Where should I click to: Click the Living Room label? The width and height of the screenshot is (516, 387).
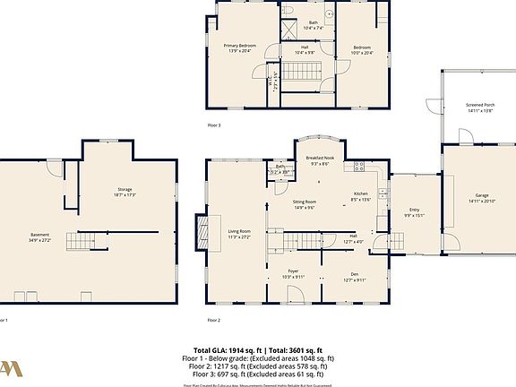[238, 233]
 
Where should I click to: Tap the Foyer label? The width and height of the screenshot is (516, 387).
[293, 273]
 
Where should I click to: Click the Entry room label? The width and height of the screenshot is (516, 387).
[414, 212]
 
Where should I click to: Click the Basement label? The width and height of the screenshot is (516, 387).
[42, 238]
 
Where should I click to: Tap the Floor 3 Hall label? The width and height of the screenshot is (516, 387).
[305, 49]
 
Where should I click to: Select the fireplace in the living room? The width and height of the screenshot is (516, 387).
[209, 233]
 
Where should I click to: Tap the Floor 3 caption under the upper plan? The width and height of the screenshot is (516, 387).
[213, 125]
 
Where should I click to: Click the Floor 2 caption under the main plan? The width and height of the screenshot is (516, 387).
[213, 320]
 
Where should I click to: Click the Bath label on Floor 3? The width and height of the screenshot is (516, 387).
[313, 25]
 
